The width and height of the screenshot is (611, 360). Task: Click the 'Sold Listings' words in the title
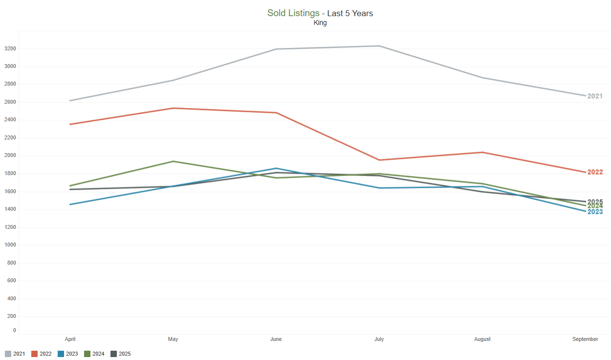(x=293, y=13)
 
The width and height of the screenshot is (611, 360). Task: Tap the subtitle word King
(x=320, y=22)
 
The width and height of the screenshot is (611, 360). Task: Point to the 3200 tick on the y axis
(x=10, y=49)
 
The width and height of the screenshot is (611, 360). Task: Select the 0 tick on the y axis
(x=14, y=331)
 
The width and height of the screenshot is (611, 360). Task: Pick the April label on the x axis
(x=70, y=339)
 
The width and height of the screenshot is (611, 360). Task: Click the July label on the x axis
(x=379, y=339)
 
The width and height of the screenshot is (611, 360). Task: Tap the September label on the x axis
(x=585, y=339)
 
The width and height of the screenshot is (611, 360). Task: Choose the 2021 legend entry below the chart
(x=15, y=354)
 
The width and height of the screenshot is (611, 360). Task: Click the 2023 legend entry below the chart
(x=68, y=354)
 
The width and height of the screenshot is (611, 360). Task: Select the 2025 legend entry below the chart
(x=121, y=354)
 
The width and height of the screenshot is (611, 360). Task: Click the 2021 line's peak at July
(x=379, y=46)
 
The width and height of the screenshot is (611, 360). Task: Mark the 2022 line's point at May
(x=173, y=108)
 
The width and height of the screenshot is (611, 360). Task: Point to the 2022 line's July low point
(x=379, y=160)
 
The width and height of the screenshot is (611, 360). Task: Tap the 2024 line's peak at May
(x=173, y=161)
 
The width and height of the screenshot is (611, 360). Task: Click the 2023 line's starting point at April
(x=70, y=204)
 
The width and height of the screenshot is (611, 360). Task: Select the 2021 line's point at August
(x=482, y=78)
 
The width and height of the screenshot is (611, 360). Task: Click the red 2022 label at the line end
(x=595, y=172)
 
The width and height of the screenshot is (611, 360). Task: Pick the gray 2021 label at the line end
(x=595, y=96)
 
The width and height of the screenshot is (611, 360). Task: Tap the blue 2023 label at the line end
(x=595, y=212)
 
